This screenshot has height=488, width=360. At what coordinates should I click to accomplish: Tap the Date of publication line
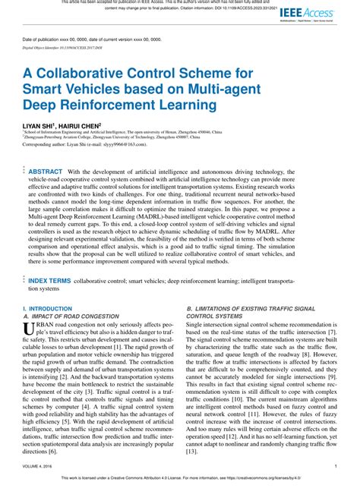[x=98, y=38]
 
